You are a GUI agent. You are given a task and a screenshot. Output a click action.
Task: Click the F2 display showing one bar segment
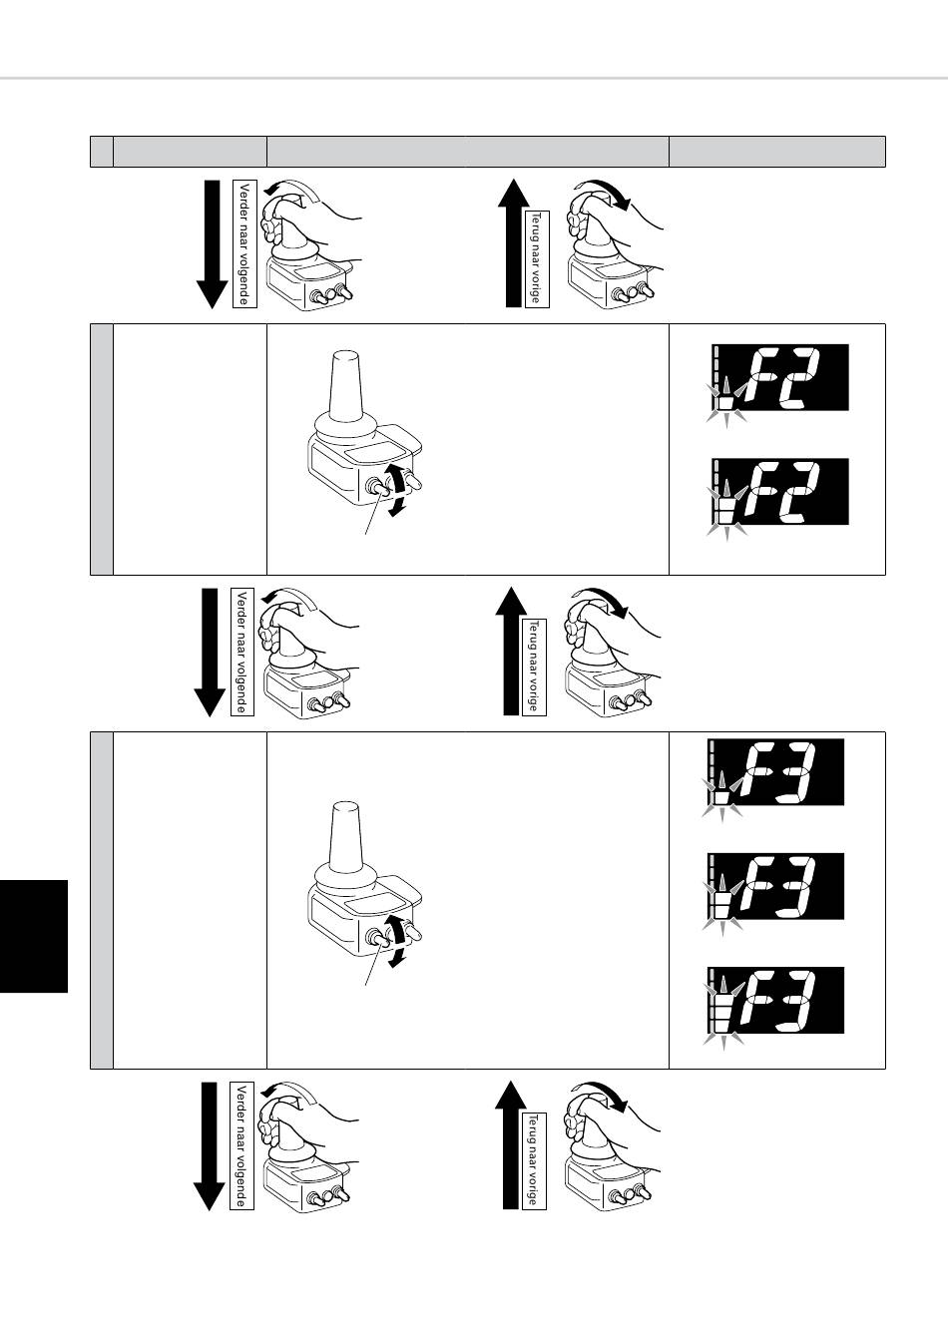coord(779,378)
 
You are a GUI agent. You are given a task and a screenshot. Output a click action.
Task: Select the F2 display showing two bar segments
coord(779,492)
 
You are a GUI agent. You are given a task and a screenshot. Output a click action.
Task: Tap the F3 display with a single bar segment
coord(776,772)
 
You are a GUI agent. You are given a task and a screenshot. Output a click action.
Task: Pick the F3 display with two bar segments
coord(776,887)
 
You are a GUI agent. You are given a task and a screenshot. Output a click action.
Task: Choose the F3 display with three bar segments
coord(776,1001)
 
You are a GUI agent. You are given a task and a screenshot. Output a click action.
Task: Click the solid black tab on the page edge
coord(34,936)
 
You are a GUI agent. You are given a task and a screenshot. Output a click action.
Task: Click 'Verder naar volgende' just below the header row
coord(244,243)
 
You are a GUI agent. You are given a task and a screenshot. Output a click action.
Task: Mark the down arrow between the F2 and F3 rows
coord(210,652)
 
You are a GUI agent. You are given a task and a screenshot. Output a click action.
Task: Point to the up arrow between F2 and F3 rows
coord(511,651)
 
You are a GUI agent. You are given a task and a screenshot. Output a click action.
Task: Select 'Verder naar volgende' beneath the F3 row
coord(241,1145)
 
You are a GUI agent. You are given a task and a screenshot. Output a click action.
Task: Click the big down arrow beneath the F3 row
coord(210,1145)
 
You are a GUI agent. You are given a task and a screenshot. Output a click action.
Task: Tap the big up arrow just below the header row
coord(513,242)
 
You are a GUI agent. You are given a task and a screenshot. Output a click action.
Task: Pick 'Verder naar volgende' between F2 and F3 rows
coord(241,652)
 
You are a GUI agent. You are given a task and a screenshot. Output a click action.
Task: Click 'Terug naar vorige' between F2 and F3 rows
coord(534,667)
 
